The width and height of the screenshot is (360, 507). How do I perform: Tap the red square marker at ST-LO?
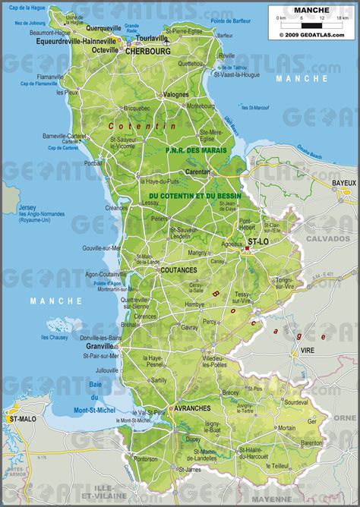tap(248, 247)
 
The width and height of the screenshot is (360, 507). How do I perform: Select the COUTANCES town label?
tap(178, 269)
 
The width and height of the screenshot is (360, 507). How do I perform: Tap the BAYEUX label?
tap(343, 183)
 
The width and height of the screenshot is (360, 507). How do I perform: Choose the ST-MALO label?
tap(19, 418)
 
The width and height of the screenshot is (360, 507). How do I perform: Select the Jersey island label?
tap(27, 207)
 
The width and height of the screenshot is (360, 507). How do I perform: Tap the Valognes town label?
tap(176, 94)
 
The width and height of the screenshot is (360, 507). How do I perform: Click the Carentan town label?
tap(197, 172)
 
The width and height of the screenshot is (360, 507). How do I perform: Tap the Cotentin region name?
tap(142, 125)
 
